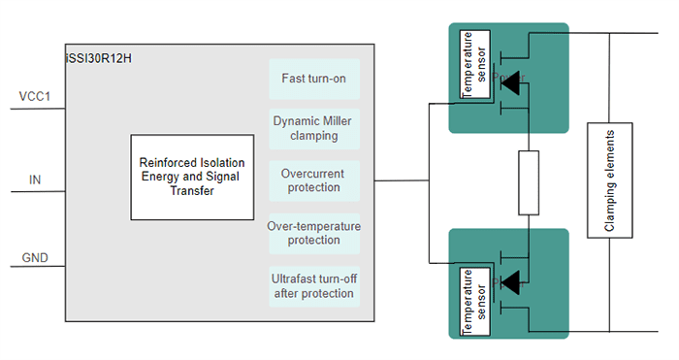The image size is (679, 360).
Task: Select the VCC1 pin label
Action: tap(34, 96)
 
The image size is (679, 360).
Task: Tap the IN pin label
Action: tap(35, 179)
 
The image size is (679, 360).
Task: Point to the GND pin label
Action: tap(35, 258)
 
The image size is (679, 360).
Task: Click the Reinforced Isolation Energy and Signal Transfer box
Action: tap(191, 177)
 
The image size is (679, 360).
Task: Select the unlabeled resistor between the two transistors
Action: tap(528, 182)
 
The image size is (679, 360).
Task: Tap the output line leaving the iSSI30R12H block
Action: tap(398, 180)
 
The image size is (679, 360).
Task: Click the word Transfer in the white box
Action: tap(191, 191)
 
